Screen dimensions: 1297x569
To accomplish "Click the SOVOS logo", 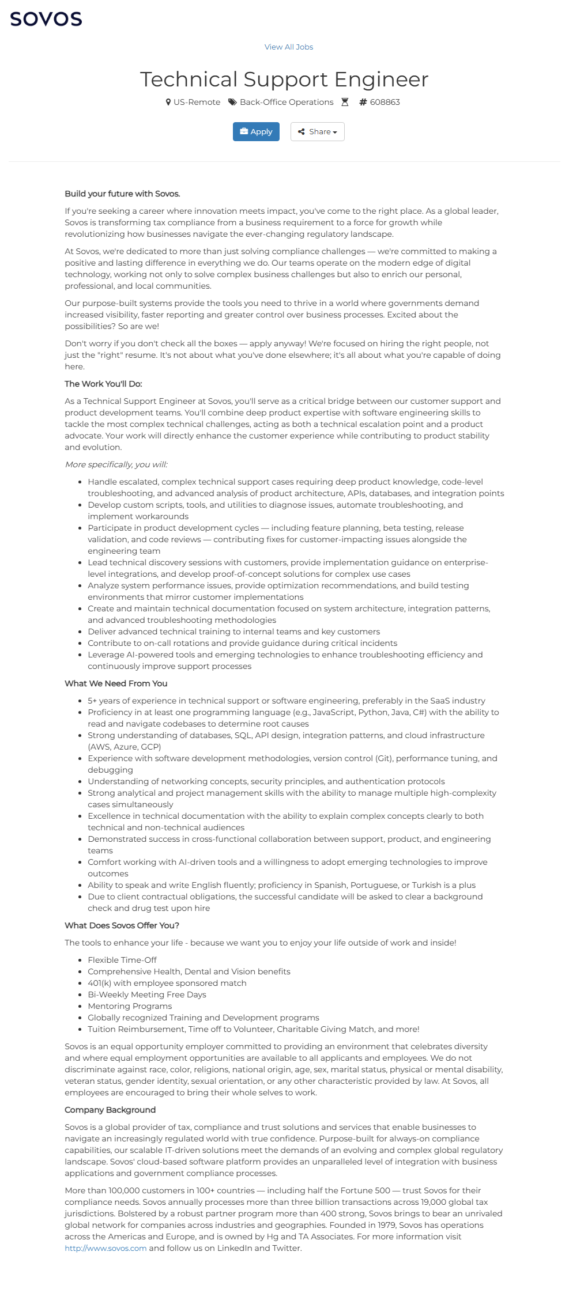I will (x=46, y=19).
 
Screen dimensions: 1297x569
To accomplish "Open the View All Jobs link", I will (x=289, y=47).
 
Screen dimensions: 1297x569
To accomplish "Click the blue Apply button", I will (x=256, y=132).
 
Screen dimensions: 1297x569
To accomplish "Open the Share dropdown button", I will (x=317, y=132).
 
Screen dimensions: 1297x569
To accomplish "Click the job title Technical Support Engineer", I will (x=284, y=80).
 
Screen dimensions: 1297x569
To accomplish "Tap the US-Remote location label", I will (x=197, y=102).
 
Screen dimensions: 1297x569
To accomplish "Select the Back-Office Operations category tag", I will (x=286, y=102).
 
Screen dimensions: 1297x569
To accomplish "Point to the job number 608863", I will (x=385, y=102).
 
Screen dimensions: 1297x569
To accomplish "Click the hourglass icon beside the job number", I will (x=345, y=102).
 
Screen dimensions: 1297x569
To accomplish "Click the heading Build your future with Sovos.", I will (x=122, y=194).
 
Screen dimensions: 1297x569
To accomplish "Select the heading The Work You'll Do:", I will (x=103, y=384).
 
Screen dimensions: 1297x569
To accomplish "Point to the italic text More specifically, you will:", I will (x=116, y=464).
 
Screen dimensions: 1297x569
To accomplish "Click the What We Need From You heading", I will (x=116, y=683).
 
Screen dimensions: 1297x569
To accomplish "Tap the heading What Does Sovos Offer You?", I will (x=122, y=925).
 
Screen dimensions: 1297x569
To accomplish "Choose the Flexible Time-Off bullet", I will (x=122, y=960).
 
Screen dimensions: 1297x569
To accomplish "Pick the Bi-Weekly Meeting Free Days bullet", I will (x=147, y=995).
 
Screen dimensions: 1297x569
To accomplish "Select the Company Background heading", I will (x=110, y=1110).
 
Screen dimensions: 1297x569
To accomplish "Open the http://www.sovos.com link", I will (x=105, y=1248).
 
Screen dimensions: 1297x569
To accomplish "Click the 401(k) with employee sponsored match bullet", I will (x=167, y=983).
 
